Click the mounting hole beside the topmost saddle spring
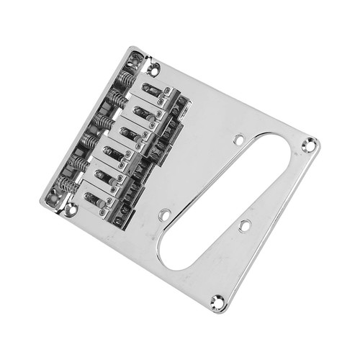click(x=153, y=69)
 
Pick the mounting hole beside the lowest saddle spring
click(x=70, y=210)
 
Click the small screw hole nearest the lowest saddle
click(x=165, y=215)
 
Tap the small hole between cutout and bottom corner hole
click(x=244, y=225)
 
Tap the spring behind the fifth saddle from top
click(x=78, y=164)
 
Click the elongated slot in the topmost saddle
click(x=151, y=90)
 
